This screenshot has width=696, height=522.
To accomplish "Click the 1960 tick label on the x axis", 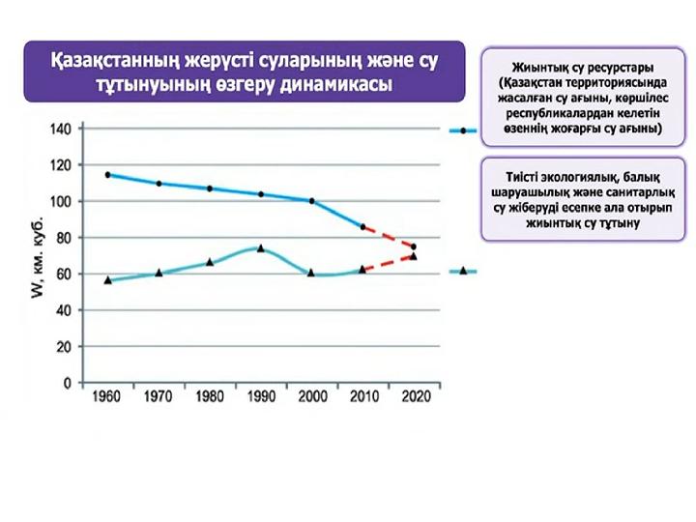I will pos(107,397).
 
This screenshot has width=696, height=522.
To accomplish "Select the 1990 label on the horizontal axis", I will pos(260,397).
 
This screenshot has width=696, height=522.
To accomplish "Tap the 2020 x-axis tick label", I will pos(414,397).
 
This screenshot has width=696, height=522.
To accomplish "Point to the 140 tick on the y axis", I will pos(60,129).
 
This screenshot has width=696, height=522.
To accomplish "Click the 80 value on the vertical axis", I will pos(63,238).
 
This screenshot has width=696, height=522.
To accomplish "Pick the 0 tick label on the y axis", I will pos(68,383).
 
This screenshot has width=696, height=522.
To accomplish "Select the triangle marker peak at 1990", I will pos(260,248).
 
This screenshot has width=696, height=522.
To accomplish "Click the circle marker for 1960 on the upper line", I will pos(107,175).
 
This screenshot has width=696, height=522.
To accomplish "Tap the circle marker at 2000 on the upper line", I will pos(311,201).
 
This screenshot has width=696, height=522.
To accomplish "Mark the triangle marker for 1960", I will pos(107,280).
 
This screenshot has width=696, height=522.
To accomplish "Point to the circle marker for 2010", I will pos(362,227).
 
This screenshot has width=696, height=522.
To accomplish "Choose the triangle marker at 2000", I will pos(311,273).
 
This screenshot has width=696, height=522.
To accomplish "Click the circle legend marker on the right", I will pos(463,130).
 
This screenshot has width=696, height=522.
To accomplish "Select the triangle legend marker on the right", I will pos(463,272).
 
